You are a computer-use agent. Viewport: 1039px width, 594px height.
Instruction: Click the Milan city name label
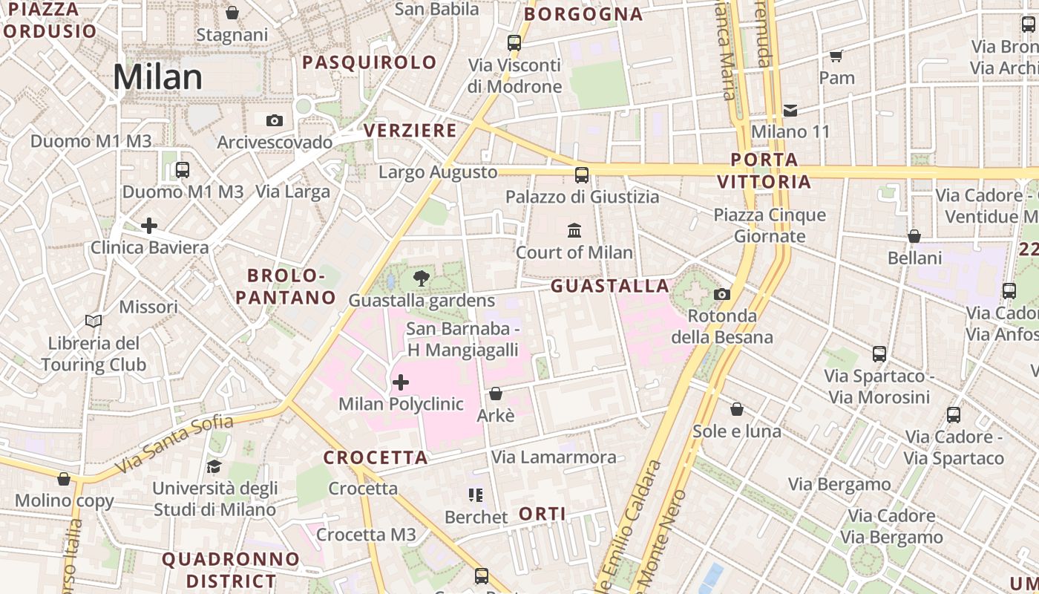[157, 77]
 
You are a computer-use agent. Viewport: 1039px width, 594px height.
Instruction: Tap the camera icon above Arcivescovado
[274, 120]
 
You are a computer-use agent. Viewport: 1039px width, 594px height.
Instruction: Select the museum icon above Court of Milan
[574, 230]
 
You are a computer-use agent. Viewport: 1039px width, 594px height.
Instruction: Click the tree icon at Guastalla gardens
[422, 279]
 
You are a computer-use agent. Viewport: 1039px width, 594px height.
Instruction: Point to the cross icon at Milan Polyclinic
[401, 382]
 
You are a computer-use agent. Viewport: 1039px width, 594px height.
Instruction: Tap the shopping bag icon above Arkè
[496, 394]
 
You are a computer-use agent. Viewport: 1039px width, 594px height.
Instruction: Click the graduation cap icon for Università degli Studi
[214, 466]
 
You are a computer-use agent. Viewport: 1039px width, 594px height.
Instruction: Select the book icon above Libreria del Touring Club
[94, 322]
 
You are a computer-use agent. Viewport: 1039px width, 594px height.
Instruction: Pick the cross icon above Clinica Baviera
[149, 226]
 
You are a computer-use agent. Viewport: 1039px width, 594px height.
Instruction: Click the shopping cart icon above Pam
[836, 56]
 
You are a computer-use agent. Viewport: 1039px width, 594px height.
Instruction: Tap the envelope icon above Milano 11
[790, 111]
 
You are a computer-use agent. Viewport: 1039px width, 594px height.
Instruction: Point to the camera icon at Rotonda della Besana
[721, 295]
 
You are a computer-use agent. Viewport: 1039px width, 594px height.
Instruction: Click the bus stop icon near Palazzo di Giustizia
[582, 175]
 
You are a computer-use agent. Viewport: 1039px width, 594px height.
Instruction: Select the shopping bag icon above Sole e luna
[737, 409]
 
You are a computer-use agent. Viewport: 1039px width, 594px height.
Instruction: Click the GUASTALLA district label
[610, 286]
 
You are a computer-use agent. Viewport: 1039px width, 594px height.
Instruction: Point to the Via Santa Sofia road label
[174, 444]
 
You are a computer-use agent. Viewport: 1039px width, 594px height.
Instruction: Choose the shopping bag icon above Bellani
[914, 236]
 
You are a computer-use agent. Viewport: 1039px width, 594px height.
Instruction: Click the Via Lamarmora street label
[554, 457]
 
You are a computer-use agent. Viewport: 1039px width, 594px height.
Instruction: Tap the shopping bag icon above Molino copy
[64, 479]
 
